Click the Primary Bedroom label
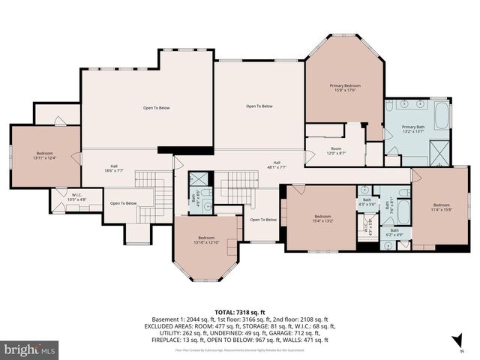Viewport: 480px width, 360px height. coord(345,88)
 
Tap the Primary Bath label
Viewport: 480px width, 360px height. coord(413,129)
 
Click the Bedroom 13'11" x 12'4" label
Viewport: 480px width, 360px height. coord(44,155)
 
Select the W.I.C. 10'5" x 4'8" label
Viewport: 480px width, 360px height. coord(77,199)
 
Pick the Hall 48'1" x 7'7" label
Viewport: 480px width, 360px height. coord(277,165)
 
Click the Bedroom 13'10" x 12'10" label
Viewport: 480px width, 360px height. coord(202,240)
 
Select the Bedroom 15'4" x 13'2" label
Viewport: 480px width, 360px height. coord(322,218)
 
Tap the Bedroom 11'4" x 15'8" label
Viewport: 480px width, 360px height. coord(441,207)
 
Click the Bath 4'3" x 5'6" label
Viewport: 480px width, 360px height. coord(367,202)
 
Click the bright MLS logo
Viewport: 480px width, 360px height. coord(29,349)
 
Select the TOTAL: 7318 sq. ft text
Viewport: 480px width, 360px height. coord(240,312)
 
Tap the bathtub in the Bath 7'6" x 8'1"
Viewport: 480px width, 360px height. coord(403,210)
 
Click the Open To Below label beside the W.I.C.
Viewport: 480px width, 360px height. coord(123,203)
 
